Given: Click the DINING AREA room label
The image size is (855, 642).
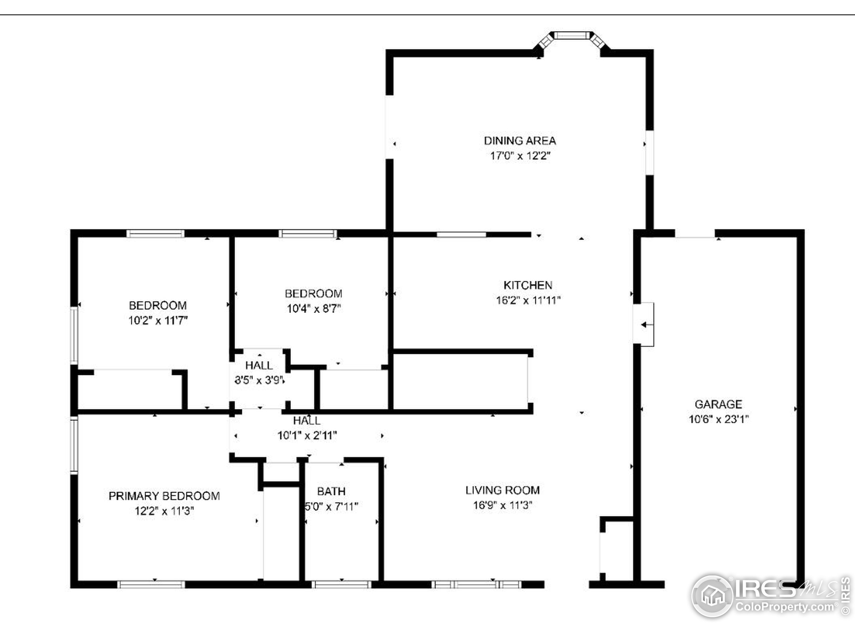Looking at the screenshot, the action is (520, 140).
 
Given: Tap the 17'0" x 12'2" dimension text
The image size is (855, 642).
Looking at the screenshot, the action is (520, 155).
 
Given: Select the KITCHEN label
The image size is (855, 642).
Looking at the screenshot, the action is (528, 285).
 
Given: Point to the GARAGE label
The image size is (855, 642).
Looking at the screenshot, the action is (718, 404).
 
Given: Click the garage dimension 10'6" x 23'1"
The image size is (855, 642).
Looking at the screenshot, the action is (718, 419).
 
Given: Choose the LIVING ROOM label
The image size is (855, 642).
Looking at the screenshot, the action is (503, 490).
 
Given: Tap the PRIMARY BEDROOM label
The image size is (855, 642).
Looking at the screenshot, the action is (164, 496).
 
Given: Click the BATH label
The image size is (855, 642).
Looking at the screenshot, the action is (331, 492).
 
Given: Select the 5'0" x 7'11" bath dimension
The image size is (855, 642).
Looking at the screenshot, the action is (332, 507).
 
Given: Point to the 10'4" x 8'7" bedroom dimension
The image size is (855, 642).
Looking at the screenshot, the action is (314, 308).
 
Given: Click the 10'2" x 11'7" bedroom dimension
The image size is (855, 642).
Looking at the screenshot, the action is (158, 320).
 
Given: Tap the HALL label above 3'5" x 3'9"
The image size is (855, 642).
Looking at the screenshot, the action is (259, 365).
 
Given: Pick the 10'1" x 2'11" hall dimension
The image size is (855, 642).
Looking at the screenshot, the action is (307, 435).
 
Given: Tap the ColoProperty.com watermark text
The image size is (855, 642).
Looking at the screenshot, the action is (785, 607).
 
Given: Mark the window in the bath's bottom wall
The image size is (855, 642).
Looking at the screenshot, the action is (341, 584).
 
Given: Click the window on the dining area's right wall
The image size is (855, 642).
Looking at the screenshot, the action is (650, 152).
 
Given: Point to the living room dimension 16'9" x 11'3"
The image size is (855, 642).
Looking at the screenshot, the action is (503, 505).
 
